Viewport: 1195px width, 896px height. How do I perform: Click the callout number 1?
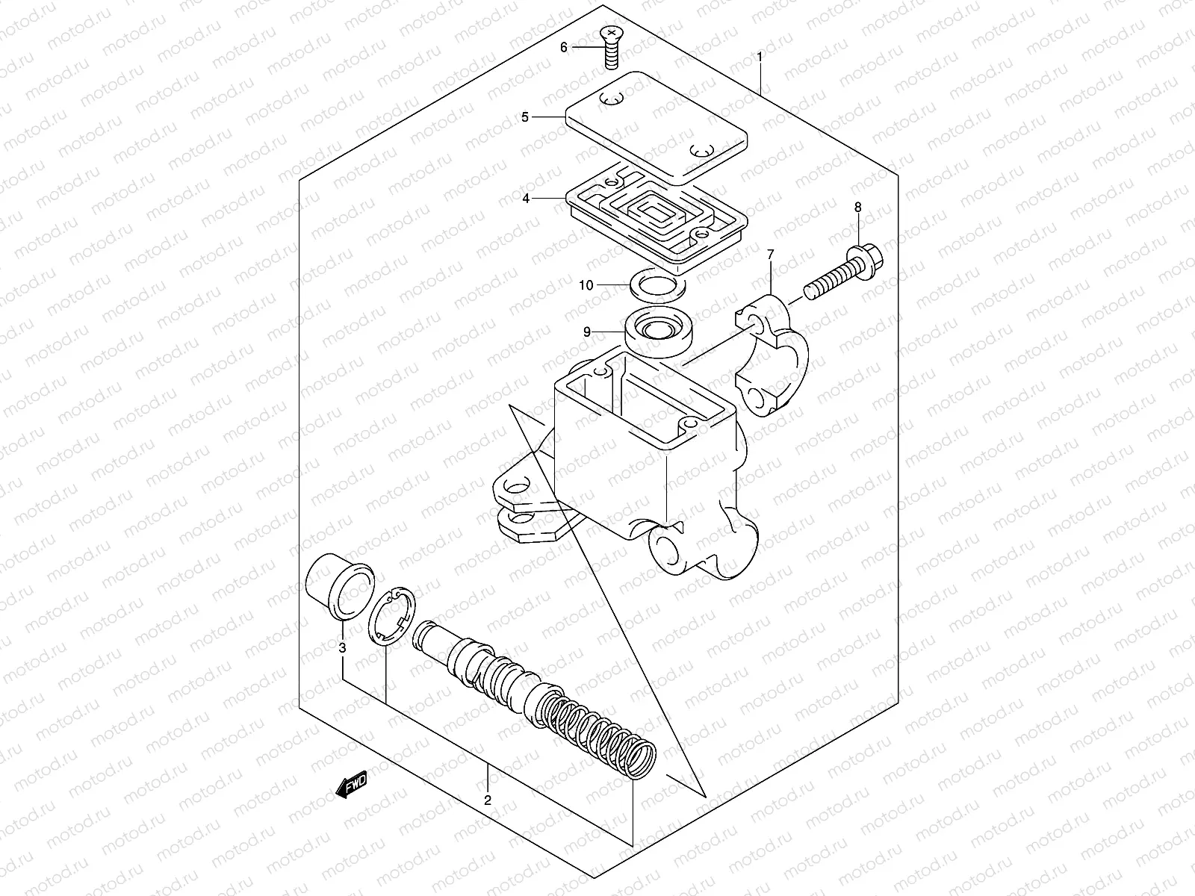coord(760,57)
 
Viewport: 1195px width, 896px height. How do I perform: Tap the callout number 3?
coord(342,648)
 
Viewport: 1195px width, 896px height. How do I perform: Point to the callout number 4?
coord(526,199)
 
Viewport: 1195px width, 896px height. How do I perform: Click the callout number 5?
coord(524,117)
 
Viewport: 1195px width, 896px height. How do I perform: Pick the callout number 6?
coord(564,47)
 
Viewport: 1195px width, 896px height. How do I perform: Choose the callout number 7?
coord(771,255)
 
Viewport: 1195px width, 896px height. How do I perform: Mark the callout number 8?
coord(857,207)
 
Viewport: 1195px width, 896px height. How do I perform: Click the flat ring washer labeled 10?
coord(658,283)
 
